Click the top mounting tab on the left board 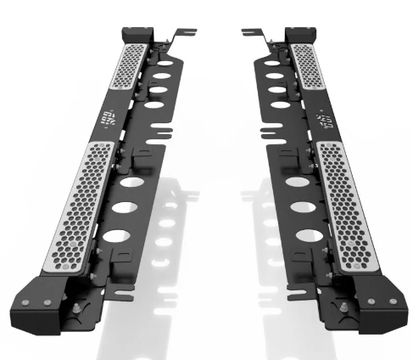coord(182,36)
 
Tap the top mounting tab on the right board coord(251,34)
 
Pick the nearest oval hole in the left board coord(119,237)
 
